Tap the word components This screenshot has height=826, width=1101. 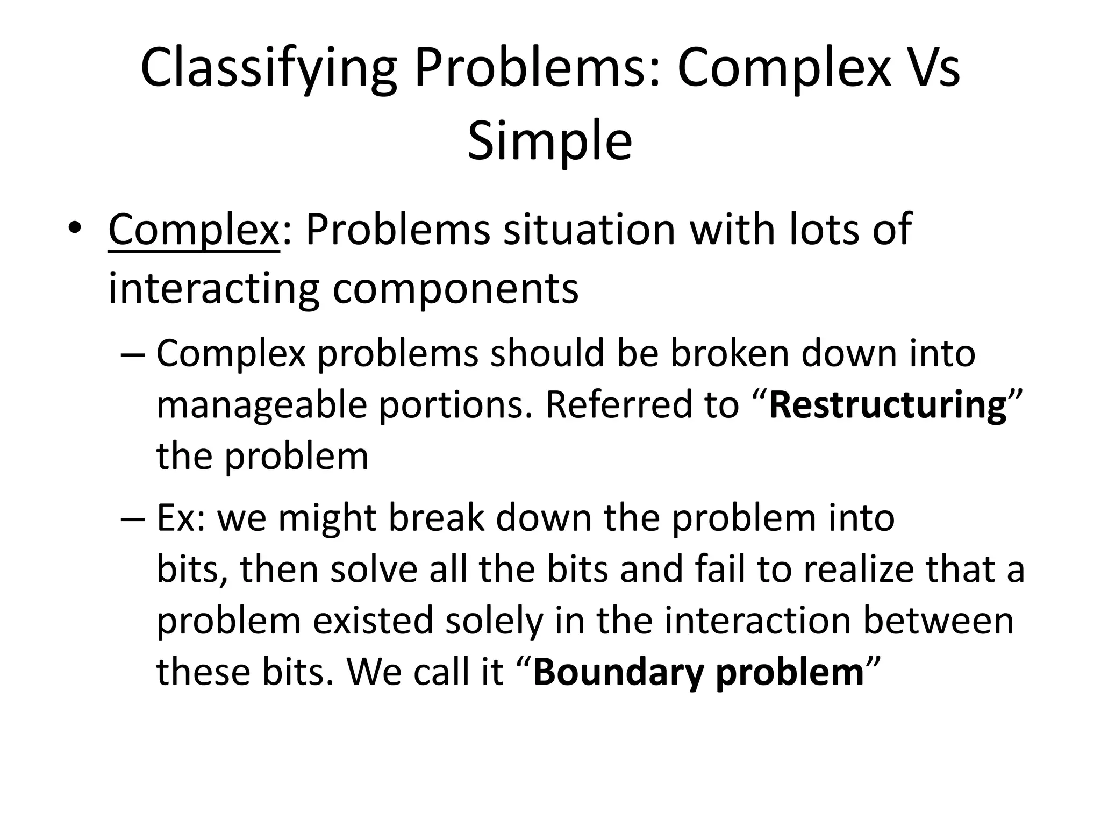(455, 289)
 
